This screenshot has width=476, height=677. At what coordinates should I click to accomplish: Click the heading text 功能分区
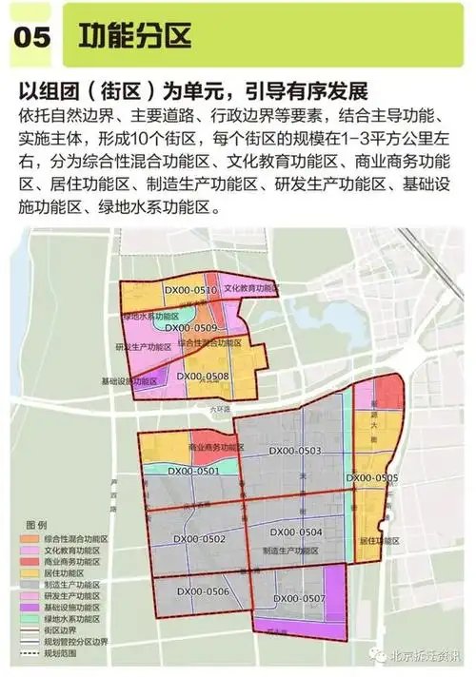pyautogui.click(x=136, y=36)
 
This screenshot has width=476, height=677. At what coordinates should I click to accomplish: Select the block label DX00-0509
pyautogui.click(x=191, y=328)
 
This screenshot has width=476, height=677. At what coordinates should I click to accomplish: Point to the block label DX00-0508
pyautogui.click(x=202, y=377)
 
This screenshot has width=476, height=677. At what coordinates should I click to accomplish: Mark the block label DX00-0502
pyautogui.click(x=200, y=539)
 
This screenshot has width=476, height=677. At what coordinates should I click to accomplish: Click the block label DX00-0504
pyautogui.click(x=296, y=532)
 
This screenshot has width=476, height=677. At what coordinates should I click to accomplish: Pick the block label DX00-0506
pyautogui.click(x=204, y=591)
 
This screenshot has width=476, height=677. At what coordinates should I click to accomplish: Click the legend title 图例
pyautogui.click(x=35, y=525)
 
